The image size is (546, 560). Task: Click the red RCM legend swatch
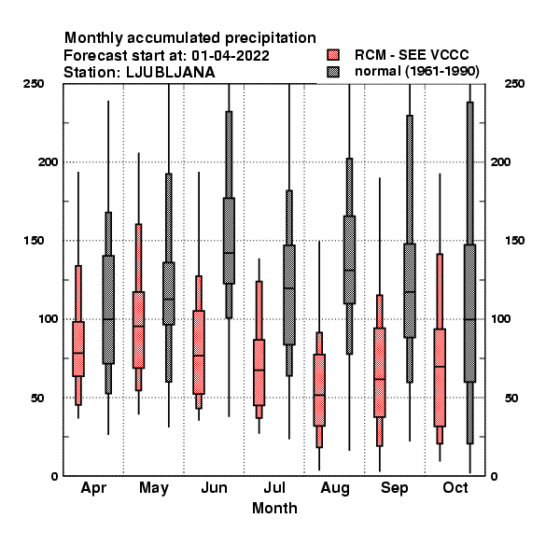333,55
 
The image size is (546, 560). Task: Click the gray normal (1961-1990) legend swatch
333,72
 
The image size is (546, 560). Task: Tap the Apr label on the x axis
93,488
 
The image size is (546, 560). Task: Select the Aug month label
334,488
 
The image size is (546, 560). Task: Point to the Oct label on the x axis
455,487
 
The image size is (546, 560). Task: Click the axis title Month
274,508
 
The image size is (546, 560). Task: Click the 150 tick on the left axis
34,241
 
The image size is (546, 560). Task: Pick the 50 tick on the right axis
511,398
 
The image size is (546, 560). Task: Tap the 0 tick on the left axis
54,476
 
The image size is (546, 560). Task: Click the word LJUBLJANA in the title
171,73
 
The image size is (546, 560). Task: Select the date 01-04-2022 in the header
231,56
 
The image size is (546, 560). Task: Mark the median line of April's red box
78,353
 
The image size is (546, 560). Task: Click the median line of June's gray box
229,253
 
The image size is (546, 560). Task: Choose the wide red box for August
319,390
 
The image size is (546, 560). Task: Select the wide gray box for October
470,314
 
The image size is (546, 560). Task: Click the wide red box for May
138,329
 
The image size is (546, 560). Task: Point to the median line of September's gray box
410,292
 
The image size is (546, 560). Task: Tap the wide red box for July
259,372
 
